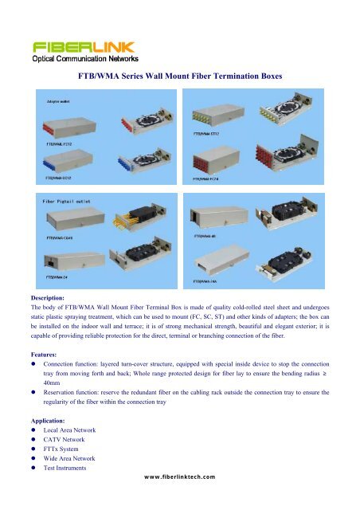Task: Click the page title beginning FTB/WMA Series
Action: tap(180, 79)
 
